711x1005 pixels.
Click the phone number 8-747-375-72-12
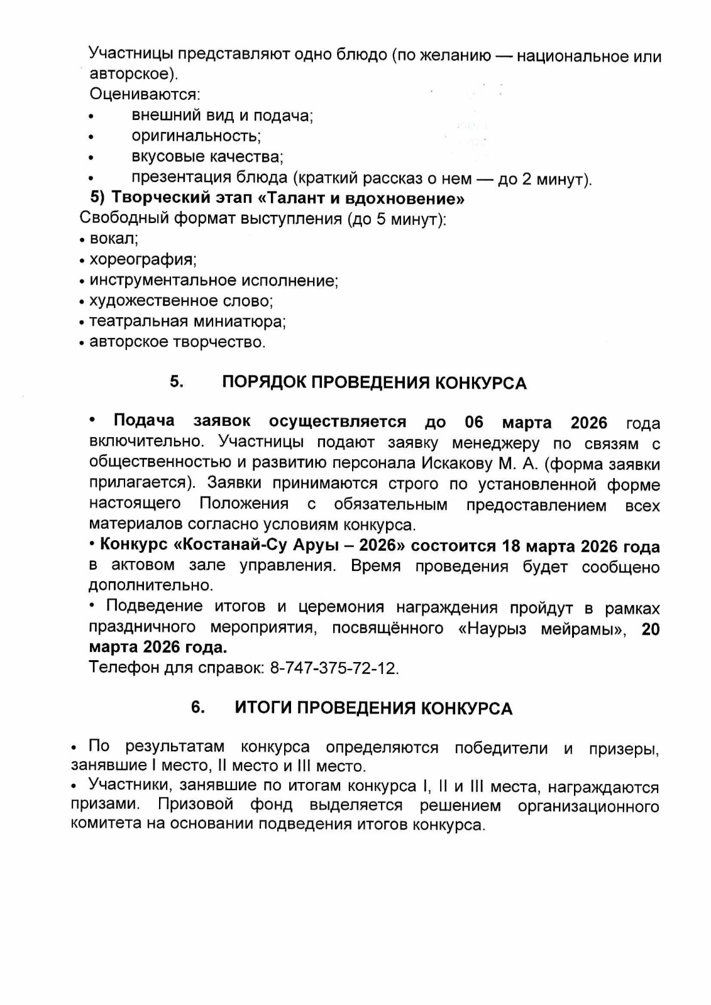[x=334, y=668]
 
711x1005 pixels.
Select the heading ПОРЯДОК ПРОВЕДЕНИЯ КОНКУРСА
[x=374, y=383]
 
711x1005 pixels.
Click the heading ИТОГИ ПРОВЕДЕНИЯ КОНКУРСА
[x=373, y=709]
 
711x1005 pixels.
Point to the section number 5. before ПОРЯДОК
[x=177, y=382]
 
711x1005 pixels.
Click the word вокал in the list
[x=113, y=239]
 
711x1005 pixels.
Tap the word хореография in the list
[x=142, y=259]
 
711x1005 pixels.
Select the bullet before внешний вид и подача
[x=92, y=117]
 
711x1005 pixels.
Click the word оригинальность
[x=196, y=136]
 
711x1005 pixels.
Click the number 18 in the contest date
[x=512, y=546]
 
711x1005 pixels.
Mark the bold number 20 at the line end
[x=651, y=629]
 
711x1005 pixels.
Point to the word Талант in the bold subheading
[x=292, y=199]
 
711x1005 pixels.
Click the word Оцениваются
[x=144, y=95]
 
